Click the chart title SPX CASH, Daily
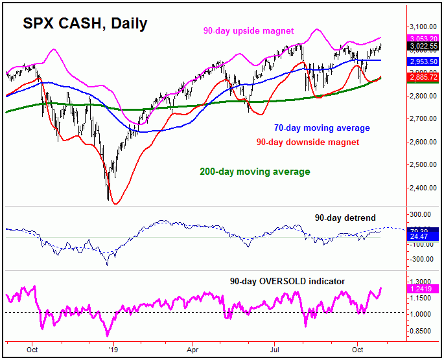point(86,23)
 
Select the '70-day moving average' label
point(322,128)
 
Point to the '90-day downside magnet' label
point(307,142)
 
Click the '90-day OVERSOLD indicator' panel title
point(287,281)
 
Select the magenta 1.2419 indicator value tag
point(406,288)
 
